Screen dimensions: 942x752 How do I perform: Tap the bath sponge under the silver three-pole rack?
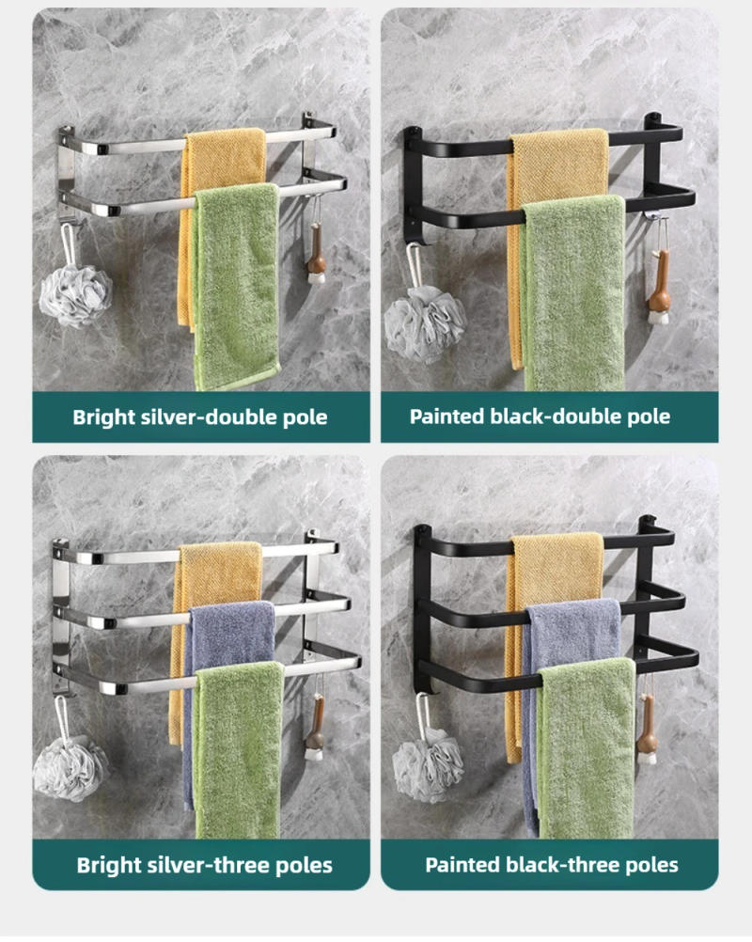coord(70,767)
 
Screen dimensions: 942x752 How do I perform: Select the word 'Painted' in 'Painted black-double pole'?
coord(447,416)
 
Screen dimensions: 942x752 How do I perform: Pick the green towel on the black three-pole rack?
coord(587,743)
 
